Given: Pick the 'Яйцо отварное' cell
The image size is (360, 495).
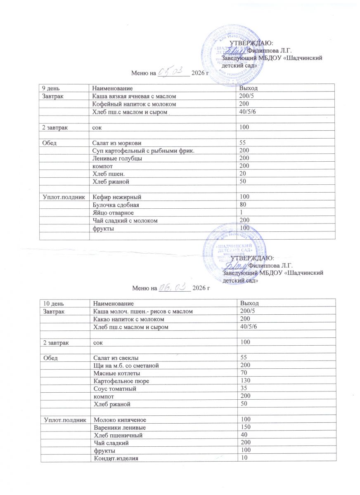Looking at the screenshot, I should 113,212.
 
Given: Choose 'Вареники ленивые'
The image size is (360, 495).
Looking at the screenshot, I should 120,427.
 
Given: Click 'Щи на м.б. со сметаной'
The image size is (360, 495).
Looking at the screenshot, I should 126,365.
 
